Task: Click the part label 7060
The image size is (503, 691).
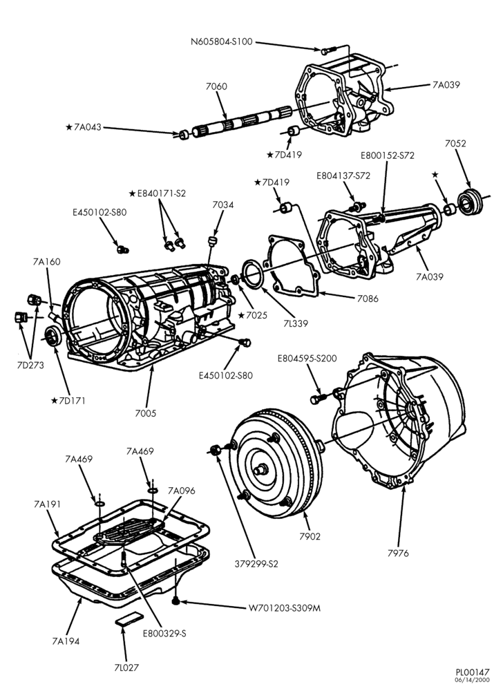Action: (216, 86)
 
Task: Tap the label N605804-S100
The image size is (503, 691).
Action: (222, 42)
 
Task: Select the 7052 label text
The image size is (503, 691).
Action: (455, 143)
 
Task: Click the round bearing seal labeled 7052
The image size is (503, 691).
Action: (470, 201)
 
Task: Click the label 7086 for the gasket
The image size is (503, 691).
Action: (368, 299)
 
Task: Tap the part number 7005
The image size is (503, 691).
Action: (145, 413)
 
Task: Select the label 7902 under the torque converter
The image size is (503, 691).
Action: (310, 536)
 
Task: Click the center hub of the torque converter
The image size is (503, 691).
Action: (260, 469)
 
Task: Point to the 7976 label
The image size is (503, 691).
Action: (398, 553)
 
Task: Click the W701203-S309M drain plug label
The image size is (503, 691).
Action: (285, 608)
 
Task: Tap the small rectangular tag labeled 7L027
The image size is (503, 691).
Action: (130, 618)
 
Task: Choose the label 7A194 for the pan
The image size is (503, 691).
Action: (66, 641)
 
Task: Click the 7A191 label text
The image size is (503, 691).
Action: (47, 504)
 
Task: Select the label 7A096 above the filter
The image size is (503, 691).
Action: (181, 491)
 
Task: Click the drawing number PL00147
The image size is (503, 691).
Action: (473, 672)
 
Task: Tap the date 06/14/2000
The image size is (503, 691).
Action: (475, 680)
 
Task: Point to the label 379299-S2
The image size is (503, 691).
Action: (258, 564)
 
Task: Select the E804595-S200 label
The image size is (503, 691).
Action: (307, 358)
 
